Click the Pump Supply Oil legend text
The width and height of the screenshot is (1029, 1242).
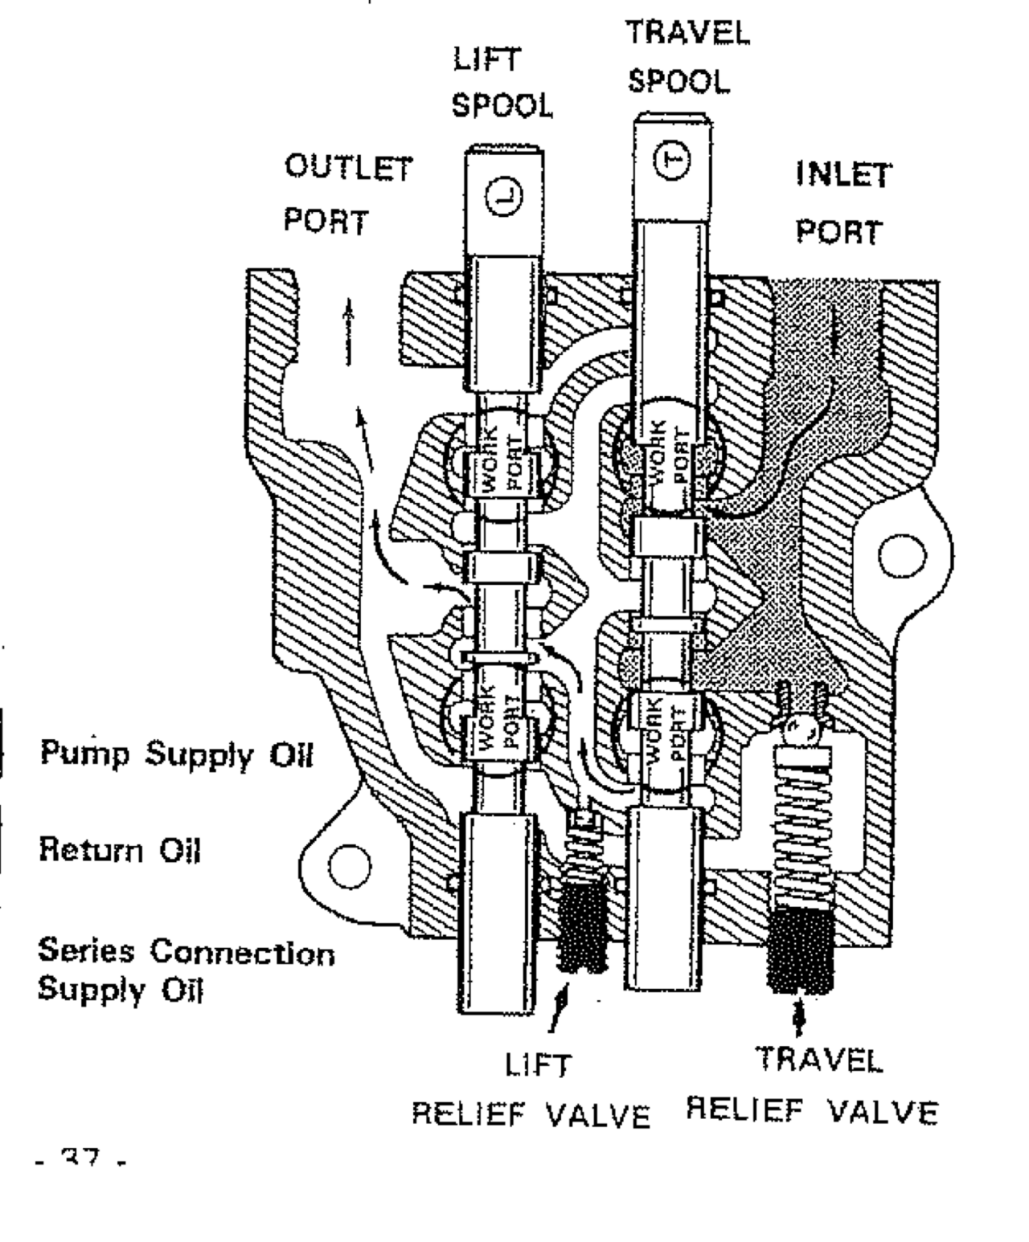(x=176, y=756)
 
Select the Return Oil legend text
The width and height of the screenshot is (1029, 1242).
(x=119, y=849)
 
